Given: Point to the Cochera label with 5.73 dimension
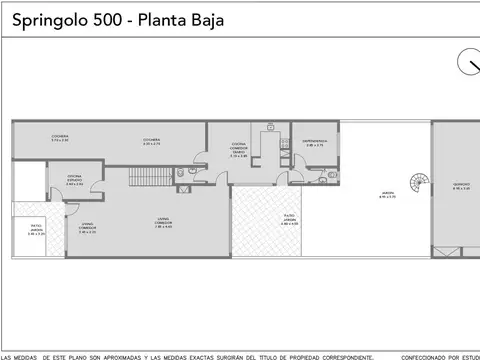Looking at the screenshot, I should tap(60, 137).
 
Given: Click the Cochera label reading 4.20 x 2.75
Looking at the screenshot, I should tap(152, 142).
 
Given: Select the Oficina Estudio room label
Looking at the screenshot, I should tap(75, 181).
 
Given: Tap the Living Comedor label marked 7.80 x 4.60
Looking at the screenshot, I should tap(162, 224).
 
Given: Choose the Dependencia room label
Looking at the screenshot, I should tap(315, 143).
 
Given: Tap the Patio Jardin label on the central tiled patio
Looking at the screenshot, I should tap(290, 222).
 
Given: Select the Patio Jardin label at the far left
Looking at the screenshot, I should tap(36, 231).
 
